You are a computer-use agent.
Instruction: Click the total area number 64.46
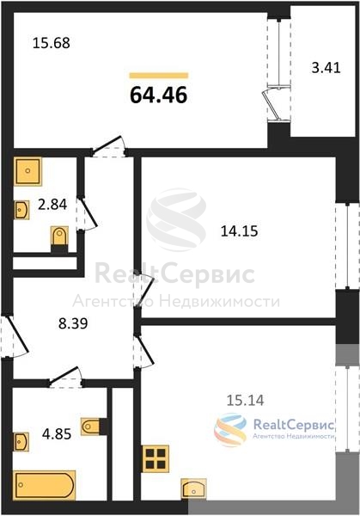coord(158,95)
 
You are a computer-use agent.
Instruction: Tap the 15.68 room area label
coord(52,43)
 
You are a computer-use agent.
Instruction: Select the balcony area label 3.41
coord(326,68)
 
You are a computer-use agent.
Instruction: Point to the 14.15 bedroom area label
coord(240,231)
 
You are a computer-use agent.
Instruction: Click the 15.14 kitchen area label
coord(245,401)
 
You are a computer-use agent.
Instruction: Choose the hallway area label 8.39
coord(73,323)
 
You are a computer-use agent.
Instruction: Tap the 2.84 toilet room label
coord(52,205)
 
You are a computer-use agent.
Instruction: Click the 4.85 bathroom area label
coord(57,434)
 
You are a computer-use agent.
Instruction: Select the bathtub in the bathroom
coord(45,485)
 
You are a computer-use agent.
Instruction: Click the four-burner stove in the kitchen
coord(156,458)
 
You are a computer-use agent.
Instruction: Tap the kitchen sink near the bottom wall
coord(194,488)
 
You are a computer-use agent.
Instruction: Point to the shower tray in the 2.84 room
coord(28,171)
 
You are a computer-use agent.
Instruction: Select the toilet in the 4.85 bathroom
coord(91,427)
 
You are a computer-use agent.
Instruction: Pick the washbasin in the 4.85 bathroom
coord(21,442)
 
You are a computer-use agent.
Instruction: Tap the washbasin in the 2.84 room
coord(21,210)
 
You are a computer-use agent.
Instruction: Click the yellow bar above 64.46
coord(159,76)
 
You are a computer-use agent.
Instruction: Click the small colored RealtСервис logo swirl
coord(230,430)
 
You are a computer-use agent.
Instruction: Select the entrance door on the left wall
coord(15,336)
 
